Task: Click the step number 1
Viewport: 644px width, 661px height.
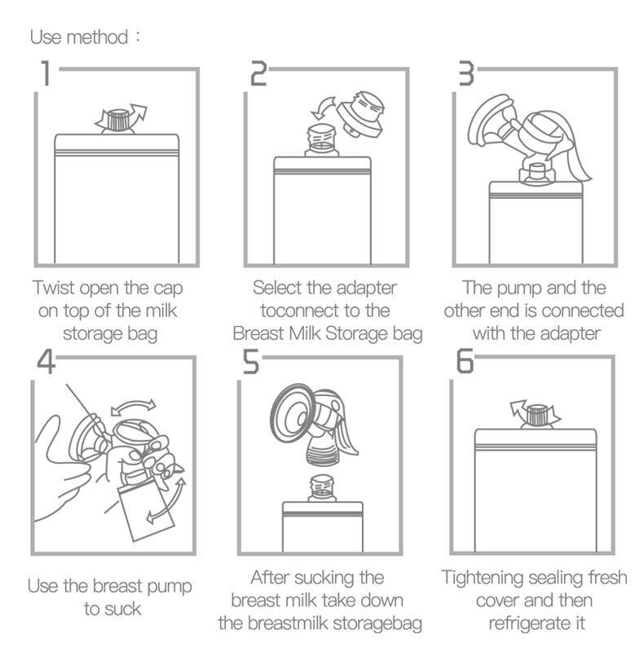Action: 46,73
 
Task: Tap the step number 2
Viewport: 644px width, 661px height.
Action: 258,73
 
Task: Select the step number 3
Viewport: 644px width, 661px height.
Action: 466,73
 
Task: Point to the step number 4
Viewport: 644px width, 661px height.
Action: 46,362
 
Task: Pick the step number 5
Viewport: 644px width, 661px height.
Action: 250,362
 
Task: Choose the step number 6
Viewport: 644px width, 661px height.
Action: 465,362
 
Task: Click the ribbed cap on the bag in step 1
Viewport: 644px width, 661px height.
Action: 119,120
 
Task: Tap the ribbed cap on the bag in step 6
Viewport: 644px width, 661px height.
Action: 537,415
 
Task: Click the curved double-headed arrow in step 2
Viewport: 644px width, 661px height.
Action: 324,107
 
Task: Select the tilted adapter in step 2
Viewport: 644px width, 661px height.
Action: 361,115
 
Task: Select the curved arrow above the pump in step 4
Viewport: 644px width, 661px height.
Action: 133,406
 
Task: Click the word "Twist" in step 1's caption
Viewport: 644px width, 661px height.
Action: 54,288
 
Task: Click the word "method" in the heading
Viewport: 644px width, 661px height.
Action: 98,37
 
